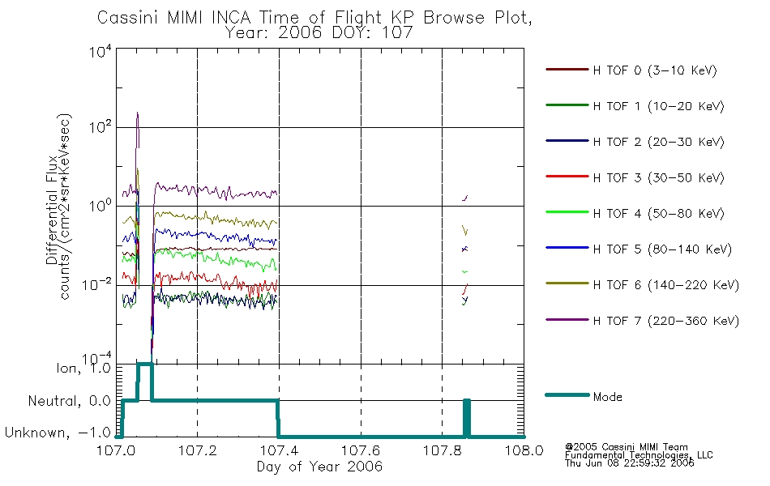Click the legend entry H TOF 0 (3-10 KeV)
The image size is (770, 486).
point(655,70)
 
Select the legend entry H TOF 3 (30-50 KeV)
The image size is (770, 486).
point(658,177)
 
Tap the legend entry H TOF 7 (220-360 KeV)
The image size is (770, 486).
point(666,321)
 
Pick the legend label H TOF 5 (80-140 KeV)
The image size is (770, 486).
point(662,249)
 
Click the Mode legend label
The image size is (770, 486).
point(607,397)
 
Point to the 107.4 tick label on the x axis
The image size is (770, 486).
point(279,450)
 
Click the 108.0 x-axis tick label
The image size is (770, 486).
point(524,450)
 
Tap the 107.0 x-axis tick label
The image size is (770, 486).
point(117,450)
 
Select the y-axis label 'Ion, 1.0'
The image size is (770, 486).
point(83,368)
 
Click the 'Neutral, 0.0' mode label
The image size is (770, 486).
point(69,401)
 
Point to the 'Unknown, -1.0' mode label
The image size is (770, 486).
point(58,433)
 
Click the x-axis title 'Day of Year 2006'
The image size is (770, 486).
point(319,467)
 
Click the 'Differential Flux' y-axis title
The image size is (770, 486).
point(52,211)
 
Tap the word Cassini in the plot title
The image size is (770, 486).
point(128,18)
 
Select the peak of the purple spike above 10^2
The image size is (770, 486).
point(138,113)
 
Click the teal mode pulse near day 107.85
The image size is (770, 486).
point(467,418)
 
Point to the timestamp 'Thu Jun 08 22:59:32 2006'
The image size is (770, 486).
point(629,463)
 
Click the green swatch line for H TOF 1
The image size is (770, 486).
point(567,105)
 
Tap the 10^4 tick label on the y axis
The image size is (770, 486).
point(101,52)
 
